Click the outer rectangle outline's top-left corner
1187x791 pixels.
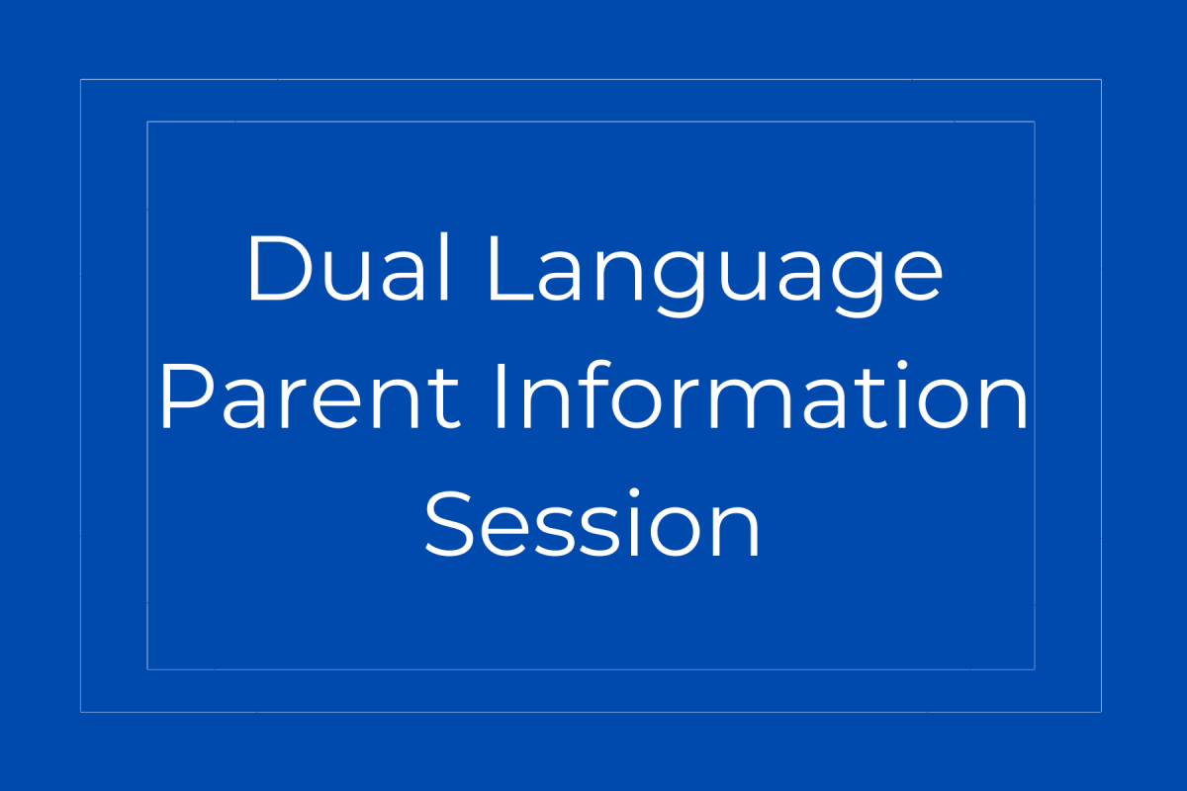(81, 80)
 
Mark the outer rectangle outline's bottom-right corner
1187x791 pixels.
(1101, 711)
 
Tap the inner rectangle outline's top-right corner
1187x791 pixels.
(1034, 123)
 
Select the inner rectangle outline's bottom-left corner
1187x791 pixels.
(147, 668)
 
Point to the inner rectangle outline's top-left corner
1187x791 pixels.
(147, 123)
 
